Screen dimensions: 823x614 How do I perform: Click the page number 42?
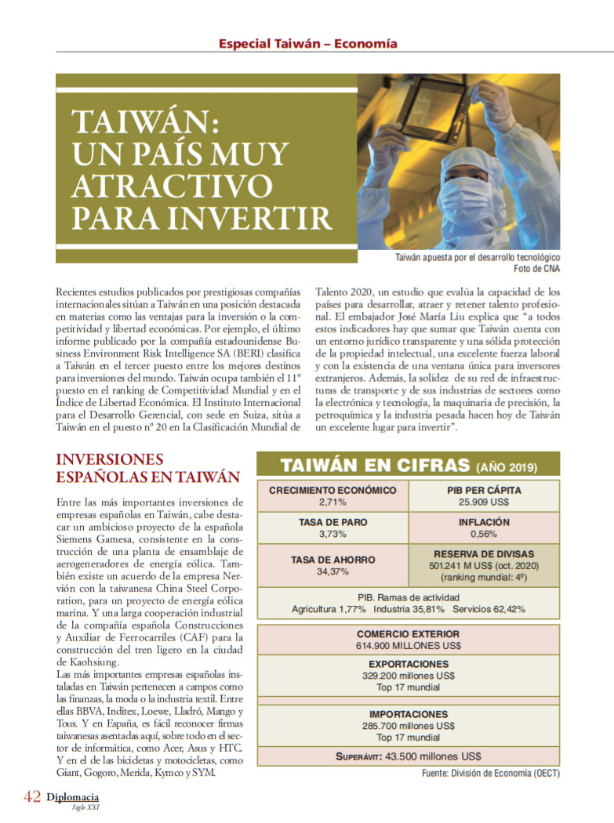[31, 796]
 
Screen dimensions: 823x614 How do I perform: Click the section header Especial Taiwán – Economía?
[307, 44]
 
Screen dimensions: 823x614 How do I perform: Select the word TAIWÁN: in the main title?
[144, 123]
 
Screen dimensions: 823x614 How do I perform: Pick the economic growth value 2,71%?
[332, 502]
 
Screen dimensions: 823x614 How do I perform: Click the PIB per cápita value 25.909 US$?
[484, 502]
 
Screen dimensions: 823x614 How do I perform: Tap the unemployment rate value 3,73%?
[332, 534]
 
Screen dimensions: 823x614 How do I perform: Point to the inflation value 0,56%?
[484, 534]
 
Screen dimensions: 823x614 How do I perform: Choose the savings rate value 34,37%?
[332, 571]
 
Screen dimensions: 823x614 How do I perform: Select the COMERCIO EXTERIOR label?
[408, 634]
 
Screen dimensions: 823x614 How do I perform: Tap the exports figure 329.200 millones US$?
[408, 675]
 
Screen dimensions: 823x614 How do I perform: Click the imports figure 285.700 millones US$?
[408, 726]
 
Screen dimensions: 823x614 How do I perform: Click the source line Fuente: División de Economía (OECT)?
[490, 774]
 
